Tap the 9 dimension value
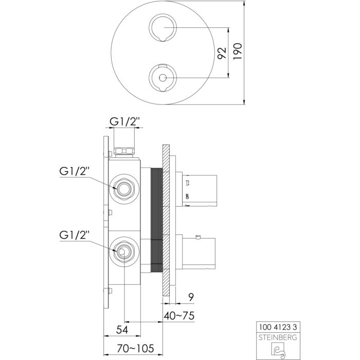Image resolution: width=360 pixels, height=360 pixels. tap(190, 297)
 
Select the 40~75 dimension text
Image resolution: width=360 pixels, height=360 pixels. tap(179, 315)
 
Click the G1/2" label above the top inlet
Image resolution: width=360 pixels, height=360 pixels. tap(124, 122)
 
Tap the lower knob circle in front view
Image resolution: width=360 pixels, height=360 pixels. tap(163, 78)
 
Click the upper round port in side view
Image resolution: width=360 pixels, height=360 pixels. tap(124, 189)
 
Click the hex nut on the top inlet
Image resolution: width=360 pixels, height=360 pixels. tap(124, 151)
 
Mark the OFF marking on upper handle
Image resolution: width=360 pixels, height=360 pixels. tap(187, 195)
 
